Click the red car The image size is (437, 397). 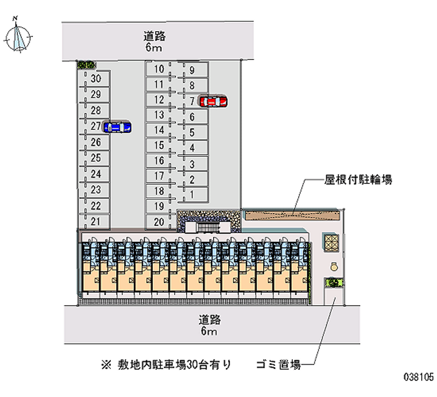pos(213,102)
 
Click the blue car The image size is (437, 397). pos(117,127)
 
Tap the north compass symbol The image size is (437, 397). pos(17,35)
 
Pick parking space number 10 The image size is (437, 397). pos(159,69)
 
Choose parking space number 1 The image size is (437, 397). pos(192,194)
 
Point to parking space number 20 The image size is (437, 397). pos(159,222)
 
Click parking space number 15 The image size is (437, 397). pos(159,145)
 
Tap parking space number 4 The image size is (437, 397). pos(192,147)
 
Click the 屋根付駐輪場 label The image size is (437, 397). pos(358,180)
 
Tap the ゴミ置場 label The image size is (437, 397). pos(279,364)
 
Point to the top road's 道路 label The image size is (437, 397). pos(155,36)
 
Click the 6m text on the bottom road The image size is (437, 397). pos(209,331)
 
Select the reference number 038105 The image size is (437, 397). pos(419,377)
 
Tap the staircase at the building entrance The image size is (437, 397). pos(208,227)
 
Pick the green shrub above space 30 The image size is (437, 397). pos(87,65)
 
